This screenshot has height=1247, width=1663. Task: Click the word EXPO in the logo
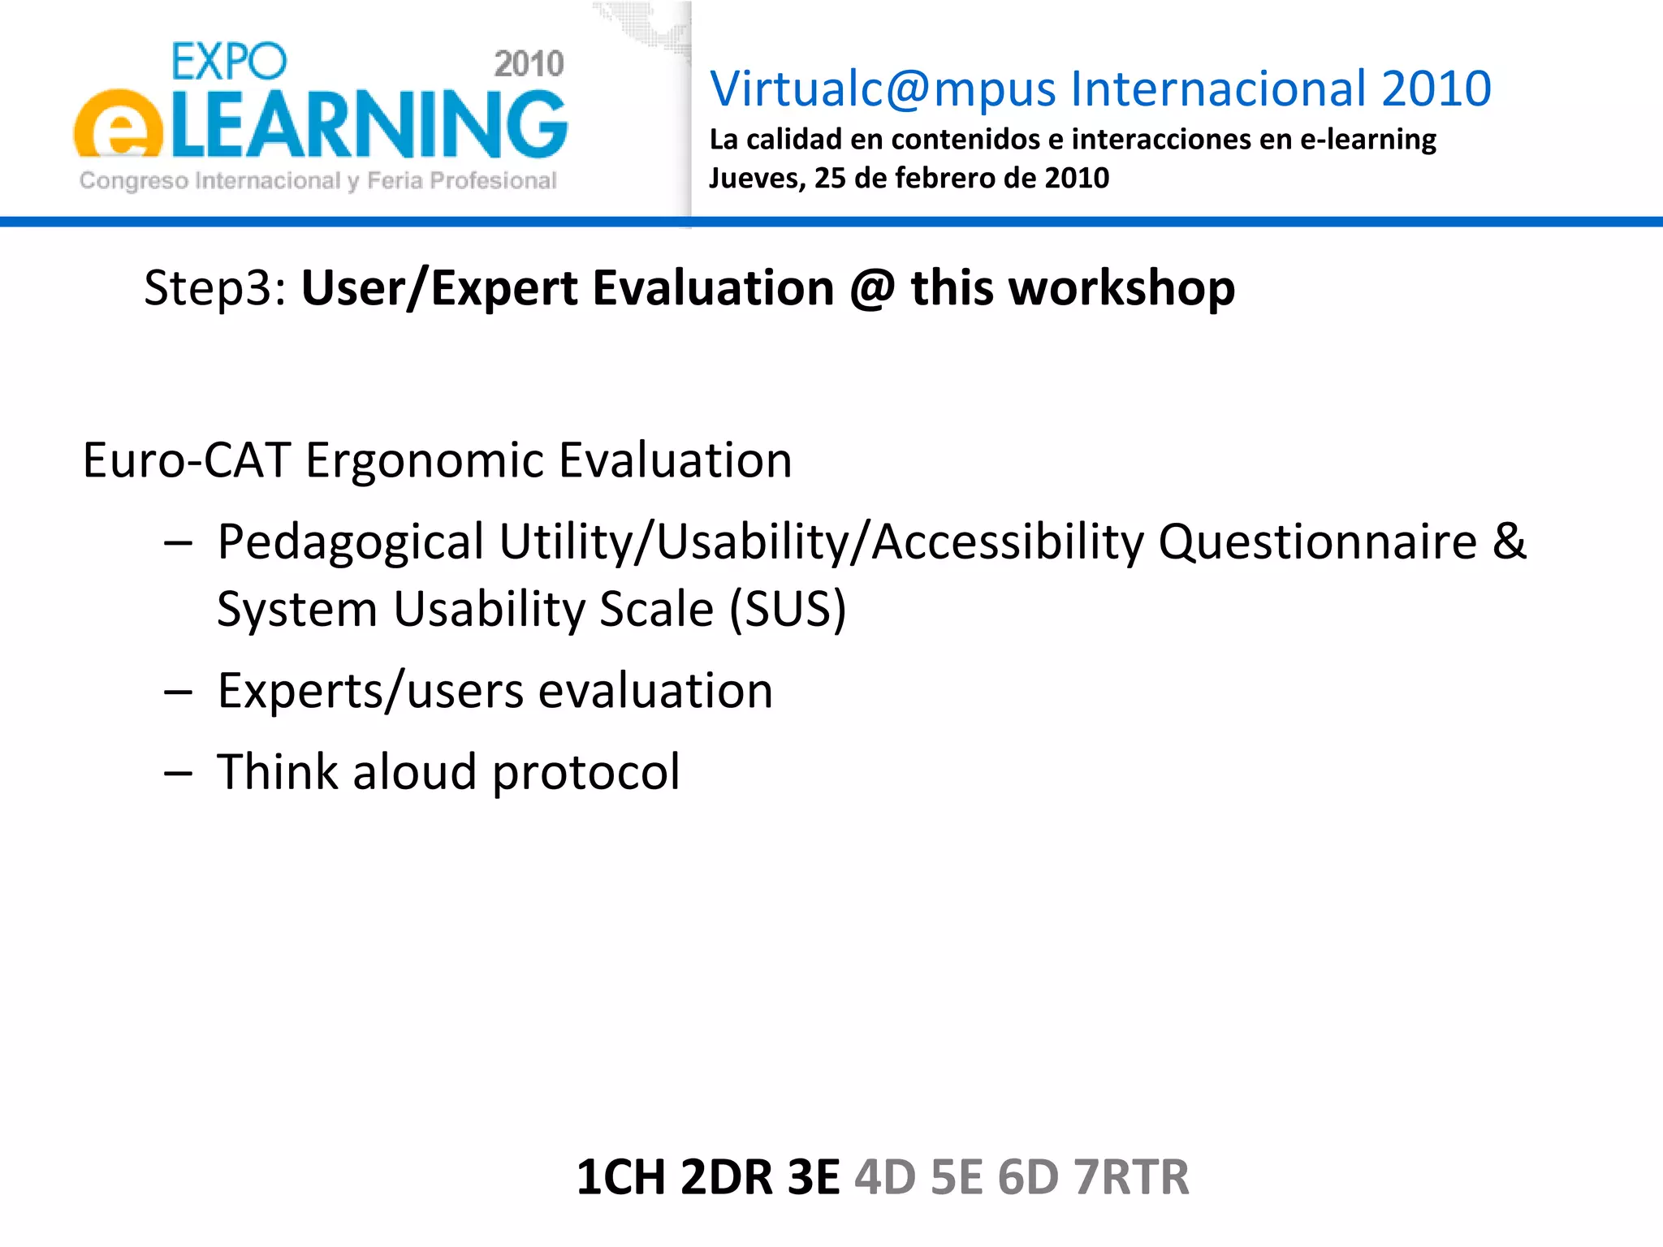[x=229, y=62]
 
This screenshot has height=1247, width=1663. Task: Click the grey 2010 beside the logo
[x=529, y=64]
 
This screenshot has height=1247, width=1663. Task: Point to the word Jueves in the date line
[x=755, y=178]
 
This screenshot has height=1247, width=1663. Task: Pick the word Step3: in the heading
[x=214, y=288]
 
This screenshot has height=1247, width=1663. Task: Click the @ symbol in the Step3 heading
[x=872, y=288]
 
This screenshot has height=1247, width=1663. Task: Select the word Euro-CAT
[x=186, y=460]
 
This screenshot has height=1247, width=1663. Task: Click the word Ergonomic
[x=424, y=460]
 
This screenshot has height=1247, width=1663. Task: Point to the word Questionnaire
[x=1316, y=542]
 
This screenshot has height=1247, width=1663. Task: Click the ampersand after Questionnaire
[x=1509, y=542]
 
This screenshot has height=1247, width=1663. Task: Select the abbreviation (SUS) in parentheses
[x=787, y=609]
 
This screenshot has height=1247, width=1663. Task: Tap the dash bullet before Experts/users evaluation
[x=178, y=692]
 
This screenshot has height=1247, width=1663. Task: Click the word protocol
[x=585, y=771]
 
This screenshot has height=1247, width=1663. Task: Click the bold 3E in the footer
[x=813, y=1177]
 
